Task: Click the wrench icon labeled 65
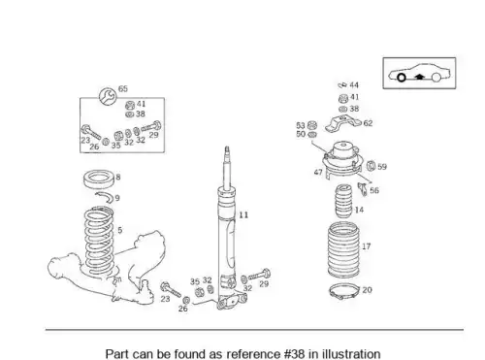[108, 96]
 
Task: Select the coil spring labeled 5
[99, 242]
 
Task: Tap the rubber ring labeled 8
[99, 179]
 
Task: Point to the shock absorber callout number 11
[243, 214]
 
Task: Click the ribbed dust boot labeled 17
[343, 249]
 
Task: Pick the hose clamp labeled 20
[343, 291]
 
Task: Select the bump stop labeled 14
[343, 201]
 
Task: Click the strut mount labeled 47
[341, 158]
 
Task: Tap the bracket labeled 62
[342, 123]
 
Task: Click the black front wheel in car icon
[402, 78]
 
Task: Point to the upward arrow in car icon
[419, 77]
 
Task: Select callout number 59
[382, 167]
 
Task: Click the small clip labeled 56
[363, 189]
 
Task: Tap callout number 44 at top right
[354, 85]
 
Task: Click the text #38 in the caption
[295, 354]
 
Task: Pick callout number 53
[301, 125]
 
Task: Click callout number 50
[301, 134]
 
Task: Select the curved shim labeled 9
[105, 195]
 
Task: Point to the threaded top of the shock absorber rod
[227, 150]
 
